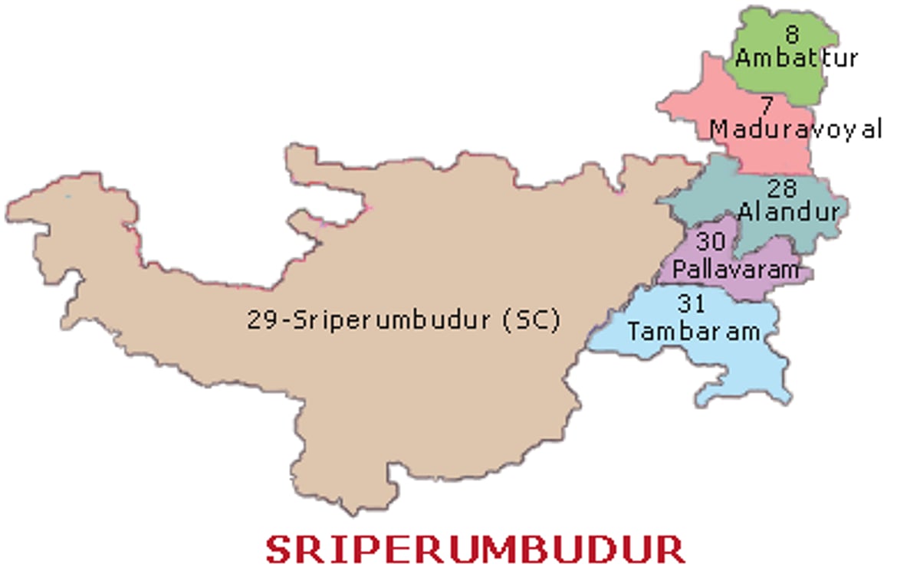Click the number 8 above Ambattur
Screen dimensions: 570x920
pos(791,34)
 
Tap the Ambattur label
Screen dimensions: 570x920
pos(797,57)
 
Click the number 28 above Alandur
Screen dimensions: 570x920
pos(780,188)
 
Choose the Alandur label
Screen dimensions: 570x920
pos(789,211)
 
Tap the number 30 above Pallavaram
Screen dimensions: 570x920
pos(711,242)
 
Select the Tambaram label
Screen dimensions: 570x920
pos(694,331)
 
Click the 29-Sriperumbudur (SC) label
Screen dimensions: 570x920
pos(403,319)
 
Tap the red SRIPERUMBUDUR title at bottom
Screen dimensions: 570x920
pos(475,549)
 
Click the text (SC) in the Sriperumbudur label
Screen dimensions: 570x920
pos(531,319)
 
